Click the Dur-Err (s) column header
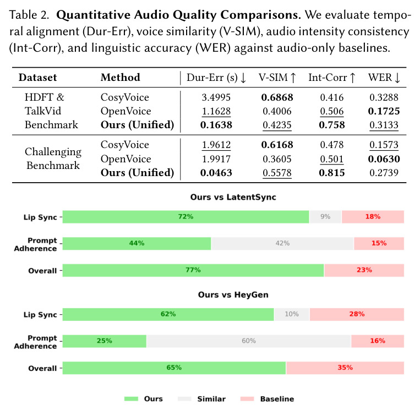(216, 78)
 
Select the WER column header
(384, 78)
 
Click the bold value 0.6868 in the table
(277, 97)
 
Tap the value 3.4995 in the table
(216, 97)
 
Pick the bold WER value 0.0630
(384, 158)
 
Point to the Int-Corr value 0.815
(331, 173)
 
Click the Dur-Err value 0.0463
(216, 173)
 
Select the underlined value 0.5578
(277, 173)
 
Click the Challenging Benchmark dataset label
(53, 158)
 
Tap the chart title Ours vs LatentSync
(233, 197)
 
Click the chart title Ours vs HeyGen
(233, 294)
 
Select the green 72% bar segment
(186, 217)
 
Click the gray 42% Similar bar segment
(282, 243)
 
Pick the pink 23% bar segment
(364, 270)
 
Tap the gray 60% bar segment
(249, 341)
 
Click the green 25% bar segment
(105, 341)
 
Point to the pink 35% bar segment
(345, 368)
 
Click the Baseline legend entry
(267, 399)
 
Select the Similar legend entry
(201, 399)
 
